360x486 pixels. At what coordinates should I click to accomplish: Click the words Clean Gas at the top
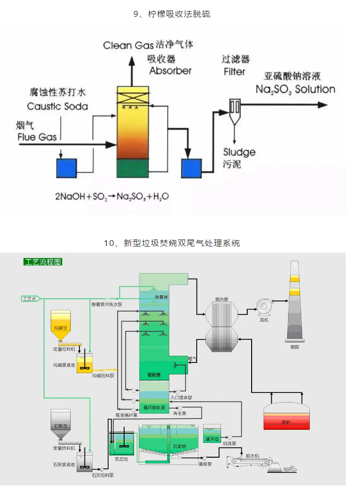125,46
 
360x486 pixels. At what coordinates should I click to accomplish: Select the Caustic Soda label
57,107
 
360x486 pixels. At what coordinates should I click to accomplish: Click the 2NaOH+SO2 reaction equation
111,195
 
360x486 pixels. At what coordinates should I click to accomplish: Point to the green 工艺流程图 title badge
42,262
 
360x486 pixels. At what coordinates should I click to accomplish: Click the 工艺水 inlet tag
29,299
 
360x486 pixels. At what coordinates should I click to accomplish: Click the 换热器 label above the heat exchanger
221,299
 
